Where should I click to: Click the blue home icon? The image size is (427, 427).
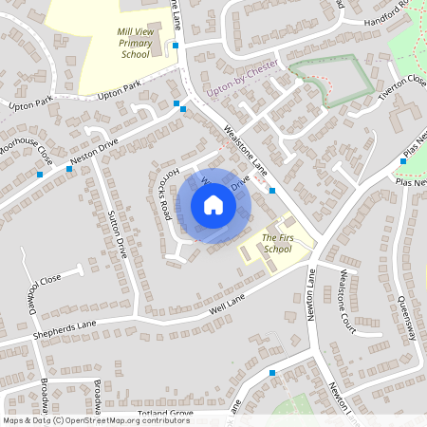click(213, 204)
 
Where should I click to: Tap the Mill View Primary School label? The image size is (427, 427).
click(136, 43)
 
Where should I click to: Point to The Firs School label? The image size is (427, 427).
click(276, 243)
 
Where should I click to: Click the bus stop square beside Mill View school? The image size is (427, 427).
click(176, 45)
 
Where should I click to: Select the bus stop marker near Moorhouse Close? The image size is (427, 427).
click(40, 174)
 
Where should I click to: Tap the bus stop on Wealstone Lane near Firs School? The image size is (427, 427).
click(272, 191)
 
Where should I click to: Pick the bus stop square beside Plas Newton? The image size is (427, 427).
click(402, 161)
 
